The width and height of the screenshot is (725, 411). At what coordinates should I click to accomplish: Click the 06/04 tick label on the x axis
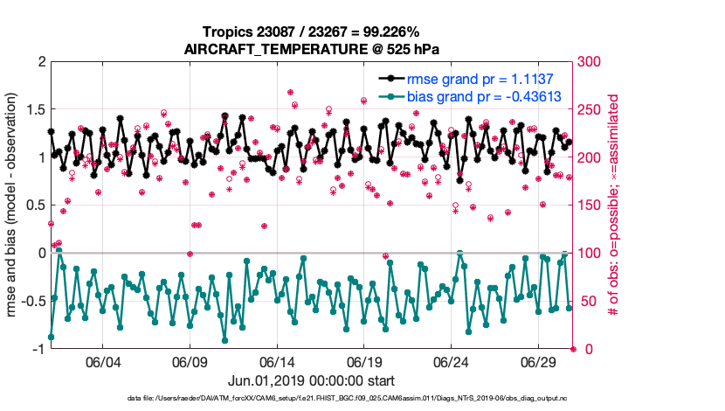coord(102,362)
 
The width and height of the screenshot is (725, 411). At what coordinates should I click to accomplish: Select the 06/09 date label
coord(190,362)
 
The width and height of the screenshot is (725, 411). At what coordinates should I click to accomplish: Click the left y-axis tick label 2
coord(40,62)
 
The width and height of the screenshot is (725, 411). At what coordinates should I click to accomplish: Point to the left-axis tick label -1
coord(37,349)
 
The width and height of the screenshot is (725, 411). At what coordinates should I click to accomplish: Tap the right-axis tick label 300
coord(590,62)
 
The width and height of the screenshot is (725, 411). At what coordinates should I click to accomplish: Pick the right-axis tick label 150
coord(590,205)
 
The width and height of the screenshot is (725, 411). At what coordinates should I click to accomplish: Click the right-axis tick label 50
coord(586,302)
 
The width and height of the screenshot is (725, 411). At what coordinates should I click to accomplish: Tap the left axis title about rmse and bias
coord(15,205)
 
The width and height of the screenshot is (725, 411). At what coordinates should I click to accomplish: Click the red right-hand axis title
coord(614,205)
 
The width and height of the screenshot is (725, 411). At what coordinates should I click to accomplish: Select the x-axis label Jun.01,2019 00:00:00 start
coord(312,381)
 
